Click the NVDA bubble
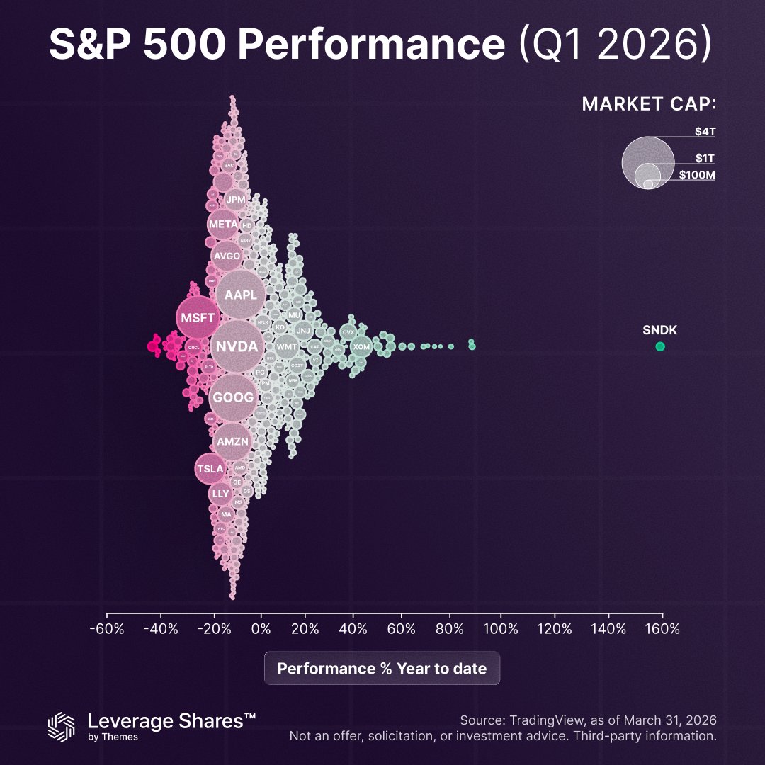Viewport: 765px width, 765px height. (237, 346)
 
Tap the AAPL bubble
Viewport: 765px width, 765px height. (241, 295)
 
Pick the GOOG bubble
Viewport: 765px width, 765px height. (233, 397)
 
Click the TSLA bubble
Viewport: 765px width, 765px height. (210, 468)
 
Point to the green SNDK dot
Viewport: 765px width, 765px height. (660, 346)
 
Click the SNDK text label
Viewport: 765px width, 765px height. (660, 329)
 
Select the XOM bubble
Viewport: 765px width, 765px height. (361, 346)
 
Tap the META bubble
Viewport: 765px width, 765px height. (223, 224)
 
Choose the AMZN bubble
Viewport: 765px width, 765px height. (232, 441)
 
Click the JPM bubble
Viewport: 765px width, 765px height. (235, 200)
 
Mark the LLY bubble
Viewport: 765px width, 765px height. (220, 493)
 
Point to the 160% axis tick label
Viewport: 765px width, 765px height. (662, 629)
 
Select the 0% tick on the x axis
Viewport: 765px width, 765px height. (261, 629)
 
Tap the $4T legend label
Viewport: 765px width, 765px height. (705, 131)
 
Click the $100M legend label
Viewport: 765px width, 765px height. (697, 174)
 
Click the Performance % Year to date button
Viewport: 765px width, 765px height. (382, 668)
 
